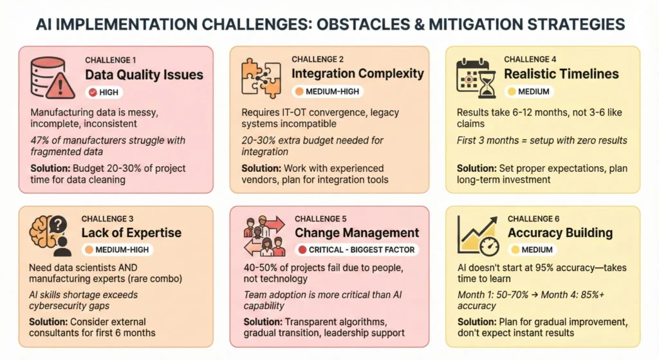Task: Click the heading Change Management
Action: (x=357, y=232)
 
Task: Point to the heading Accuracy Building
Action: (x=559, y=232)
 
